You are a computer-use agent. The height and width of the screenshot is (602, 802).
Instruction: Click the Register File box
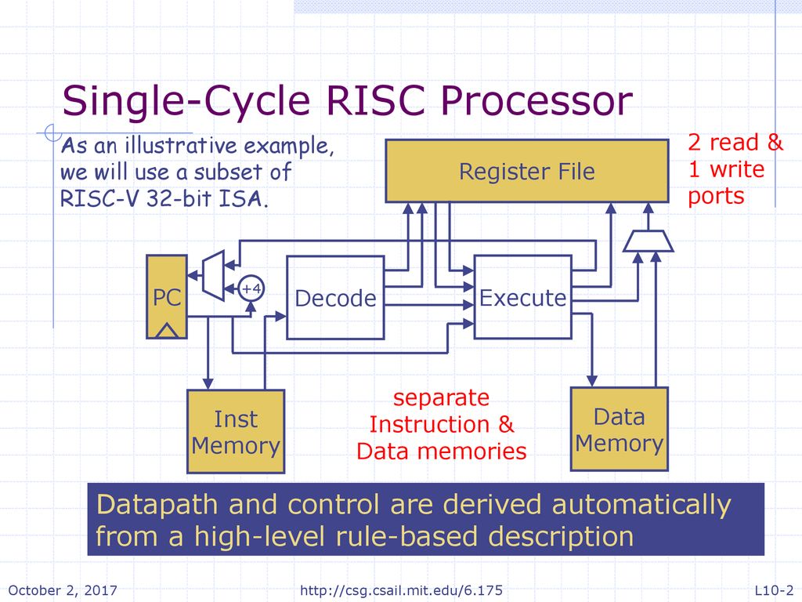[x=527, y=171]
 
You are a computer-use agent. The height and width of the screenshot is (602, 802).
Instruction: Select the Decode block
[x=335, y=297]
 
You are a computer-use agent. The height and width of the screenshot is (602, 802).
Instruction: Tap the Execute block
[x=522, y=297]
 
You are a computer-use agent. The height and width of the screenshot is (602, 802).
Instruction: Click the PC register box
[x=167, y=297]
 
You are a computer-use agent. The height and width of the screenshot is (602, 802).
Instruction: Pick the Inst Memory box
[x=235, y=432]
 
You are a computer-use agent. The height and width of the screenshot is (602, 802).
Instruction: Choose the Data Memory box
[x=619, y=429]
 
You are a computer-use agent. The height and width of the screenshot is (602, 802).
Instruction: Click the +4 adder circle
[x=251, y=288]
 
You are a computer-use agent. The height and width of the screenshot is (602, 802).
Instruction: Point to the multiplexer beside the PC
[x=213, y=275]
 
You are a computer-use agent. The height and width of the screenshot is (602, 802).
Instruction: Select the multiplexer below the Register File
[x=648, y=241]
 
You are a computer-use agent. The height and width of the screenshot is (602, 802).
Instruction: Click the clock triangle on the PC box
[x=167, y=331]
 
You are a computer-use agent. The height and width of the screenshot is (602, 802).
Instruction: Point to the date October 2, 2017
[x=63, y=590]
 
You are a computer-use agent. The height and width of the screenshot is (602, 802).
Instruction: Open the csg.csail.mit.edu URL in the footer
[x=401, y=590]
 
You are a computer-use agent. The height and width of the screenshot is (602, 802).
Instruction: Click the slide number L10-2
[x=774, y=590]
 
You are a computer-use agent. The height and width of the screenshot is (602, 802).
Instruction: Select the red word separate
[x=441, y=397]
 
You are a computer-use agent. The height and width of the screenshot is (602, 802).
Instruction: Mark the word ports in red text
[x=716, y=197]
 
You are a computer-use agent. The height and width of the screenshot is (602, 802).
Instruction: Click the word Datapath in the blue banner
[x=157, y=506]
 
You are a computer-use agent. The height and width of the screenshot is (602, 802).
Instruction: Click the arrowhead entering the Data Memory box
[x=592, y=381]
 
